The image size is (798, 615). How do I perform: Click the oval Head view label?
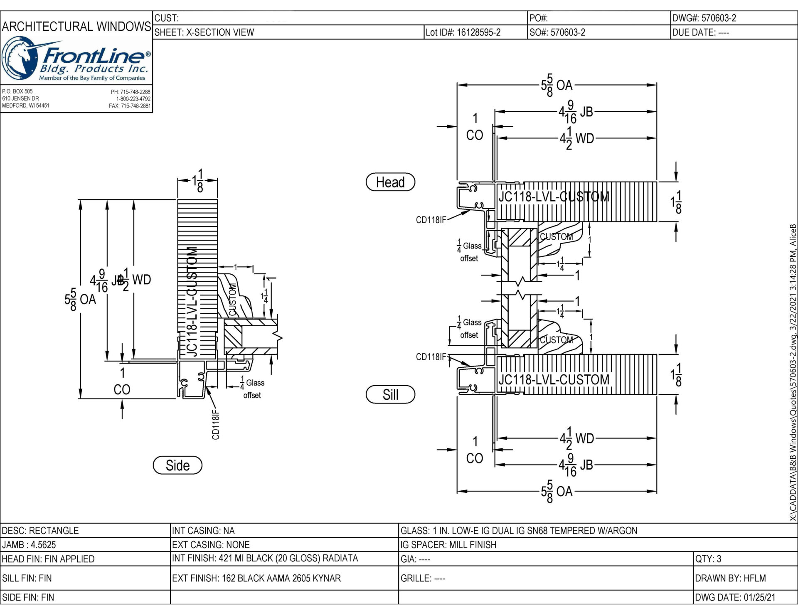(x=390, y=182)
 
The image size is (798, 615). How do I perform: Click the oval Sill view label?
(x=390, y=394)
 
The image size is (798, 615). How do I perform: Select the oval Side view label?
(x=177, y=465)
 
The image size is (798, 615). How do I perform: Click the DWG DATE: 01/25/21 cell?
(x=735, y=597)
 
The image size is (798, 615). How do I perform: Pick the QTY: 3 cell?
(x=708, y=558)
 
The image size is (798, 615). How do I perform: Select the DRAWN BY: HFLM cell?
(x=730, y=578)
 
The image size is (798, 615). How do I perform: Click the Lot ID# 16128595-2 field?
(x=463, y=32)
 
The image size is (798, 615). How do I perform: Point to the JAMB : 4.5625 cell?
(x=29, y=544)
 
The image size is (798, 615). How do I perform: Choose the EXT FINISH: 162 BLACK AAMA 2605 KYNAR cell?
(x=256, y=578)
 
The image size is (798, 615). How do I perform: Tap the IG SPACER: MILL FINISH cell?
(x=448, y=544)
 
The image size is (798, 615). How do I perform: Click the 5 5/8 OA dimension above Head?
(x=557, y=85)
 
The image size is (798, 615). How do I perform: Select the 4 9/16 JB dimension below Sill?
(x=575, y=465)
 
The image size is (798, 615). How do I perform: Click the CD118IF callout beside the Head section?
(x=431, y=220)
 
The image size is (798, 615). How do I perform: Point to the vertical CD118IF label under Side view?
(x=216, y=424)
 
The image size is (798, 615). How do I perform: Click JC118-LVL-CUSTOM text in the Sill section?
(x=554, y=379)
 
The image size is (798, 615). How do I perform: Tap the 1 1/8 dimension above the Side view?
(x=198, y=181)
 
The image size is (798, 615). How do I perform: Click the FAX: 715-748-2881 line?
(x=130, y=106)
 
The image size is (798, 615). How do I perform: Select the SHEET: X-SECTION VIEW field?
(x=204, y=32)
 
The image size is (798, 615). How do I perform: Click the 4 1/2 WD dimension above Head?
(x=576, y=138)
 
